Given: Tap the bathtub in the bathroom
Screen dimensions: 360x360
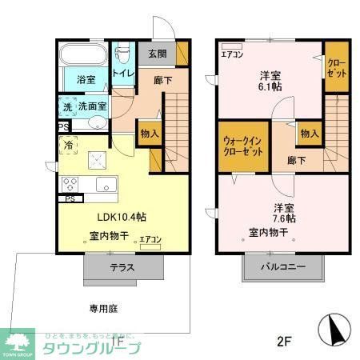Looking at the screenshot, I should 82,57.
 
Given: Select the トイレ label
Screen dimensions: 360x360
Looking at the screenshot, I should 122,73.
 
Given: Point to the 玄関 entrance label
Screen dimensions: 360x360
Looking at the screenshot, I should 157,54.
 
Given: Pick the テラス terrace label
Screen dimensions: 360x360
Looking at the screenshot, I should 122,267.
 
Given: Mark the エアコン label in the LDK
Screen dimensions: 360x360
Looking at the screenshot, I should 150,239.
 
